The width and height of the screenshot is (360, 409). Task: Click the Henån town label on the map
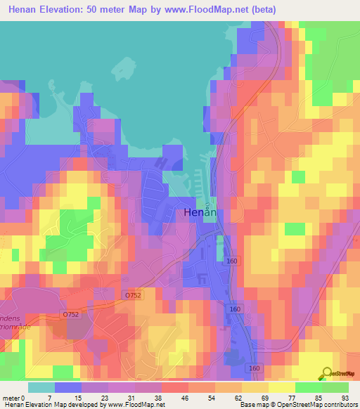point(199,212)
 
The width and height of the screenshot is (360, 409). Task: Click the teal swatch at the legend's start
point(41,387)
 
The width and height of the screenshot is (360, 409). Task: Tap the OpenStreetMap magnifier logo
point(326,374)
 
